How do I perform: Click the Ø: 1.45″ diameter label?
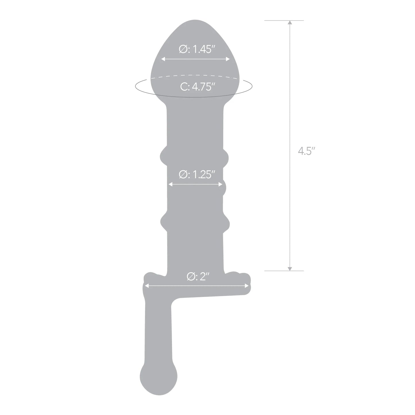197,50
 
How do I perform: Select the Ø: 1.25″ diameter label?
197,175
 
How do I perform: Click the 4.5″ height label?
304,151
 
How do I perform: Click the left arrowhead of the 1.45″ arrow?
163,59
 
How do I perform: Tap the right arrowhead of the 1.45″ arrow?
228,59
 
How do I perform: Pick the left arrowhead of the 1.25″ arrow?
170,184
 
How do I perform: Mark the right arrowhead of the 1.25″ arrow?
221,184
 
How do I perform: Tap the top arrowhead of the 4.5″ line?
290,23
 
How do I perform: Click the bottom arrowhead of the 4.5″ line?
290,269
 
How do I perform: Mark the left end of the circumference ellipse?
136,86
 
